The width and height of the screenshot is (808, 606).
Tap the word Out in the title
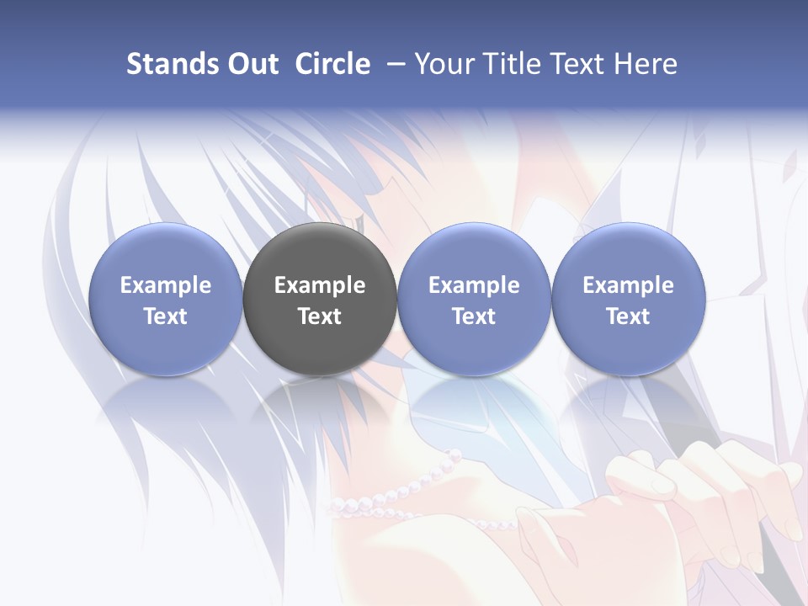[x=250, y=64]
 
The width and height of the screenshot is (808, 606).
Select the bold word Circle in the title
[x=332, y=64]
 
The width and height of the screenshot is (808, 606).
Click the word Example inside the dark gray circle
[x=320, y=285]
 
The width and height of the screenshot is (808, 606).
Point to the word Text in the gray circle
[x=320, y=316]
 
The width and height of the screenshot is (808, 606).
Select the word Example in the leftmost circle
[x=166, y=285]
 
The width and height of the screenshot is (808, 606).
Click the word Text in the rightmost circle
[x=629, y=316]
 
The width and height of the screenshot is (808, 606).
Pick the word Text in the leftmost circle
[x=166, y=316]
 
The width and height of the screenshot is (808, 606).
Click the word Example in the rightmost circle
[x=629, y=285]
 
